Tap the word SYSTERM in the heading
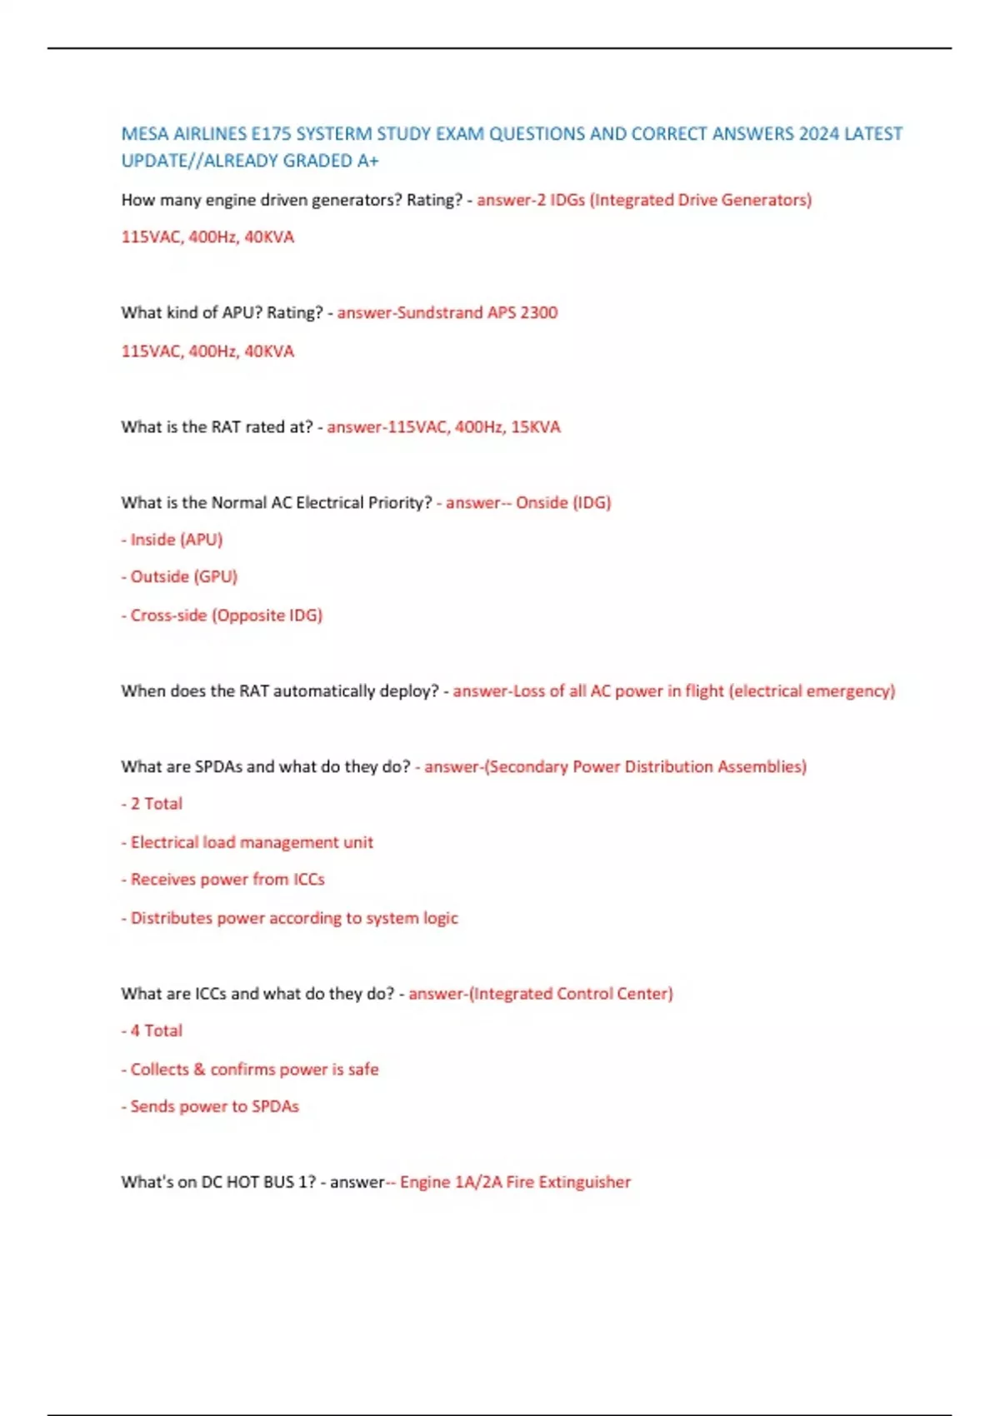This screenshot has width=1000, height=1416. click(332, 134)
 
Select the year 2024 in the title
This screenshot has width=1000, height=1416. click(818, 134)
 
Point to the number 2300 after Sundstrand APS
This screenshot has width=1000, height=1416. click(539, 313)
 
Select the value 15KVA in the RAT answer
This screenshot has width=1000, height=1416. click(536, 427)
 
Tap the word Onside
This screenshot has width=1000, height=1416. click(542, 503)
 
